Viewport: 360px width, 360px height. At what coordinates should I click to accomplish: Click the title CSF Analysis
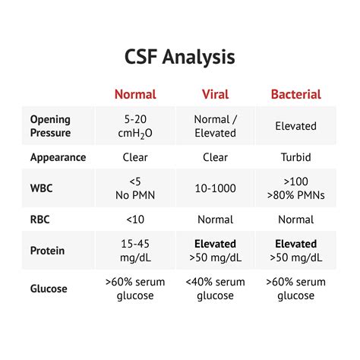click(x=180, y=57)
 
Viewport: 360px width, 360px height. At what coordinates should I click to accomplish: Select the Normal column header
click(x=135, y=94)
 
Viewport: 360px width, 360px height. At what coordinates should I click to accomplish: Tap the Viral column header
click(x=215, y=94)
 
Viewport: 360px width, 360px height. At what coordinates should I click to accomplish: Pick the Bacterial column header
click(x=295, y=94)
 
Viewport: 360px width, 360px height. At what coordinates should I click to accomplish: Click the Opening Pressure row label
click(x=51, y=125)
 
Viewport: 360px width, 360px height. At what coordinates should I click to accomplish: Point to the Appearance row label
click(x=58, y=158)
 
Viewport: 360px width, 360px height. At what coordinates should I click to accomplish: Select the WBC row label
click(x=43, y=188)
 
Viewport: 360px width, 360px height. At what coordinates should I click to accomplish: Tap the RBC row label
click(x=41, y=219)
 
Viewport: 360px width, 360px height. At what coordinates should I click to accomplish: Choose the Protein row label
click(x=47, y=250)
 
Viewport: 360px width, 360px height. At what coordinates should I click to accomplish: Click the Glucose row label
click(x=49, y=289)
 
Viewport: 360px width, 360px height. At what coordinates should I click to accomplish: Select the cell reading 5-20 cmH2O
click(x=135, y=125)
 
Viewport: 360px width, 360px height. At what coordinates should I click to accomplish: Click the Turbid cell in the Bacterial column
click(x=295, y=158)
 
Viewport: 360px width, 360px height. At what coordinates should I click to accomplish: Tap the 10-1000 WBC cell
click(x=215, y=188)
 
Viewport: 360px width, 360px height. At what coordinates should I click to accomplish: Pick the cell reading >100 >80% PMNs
click(x=295, y=188)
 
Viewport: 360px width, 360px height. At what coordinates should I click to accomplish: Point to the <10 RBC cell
click(x=135, y=219)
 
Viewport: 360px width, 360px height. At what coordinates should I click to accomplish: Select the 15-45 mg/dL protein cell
click(x=135, y=251)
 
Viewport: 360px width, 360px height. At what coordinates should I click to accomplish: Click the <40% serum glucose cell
click(x=215, y=289)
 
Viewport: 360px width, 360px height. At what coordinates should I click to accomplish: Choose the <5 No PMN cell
click(x=135, y=188)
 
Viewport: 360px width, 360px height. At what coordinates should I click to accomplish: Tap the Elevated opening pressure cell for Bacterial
click(x=295, y=125)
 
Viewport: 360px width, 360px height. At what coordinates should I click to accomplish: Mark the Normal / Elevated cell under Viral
click(x=215, y=125)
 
